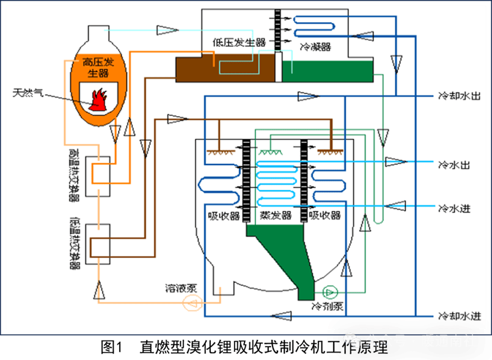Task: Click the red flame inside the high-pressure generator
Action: click(97, 99)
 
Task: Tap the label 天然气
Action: click(28, 94)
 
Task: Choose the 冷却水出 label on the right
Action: click(460, 97)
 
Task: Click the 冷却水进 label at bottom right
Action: click(460, 316)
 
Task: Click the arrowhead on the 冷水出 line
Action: click(395, 162)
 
